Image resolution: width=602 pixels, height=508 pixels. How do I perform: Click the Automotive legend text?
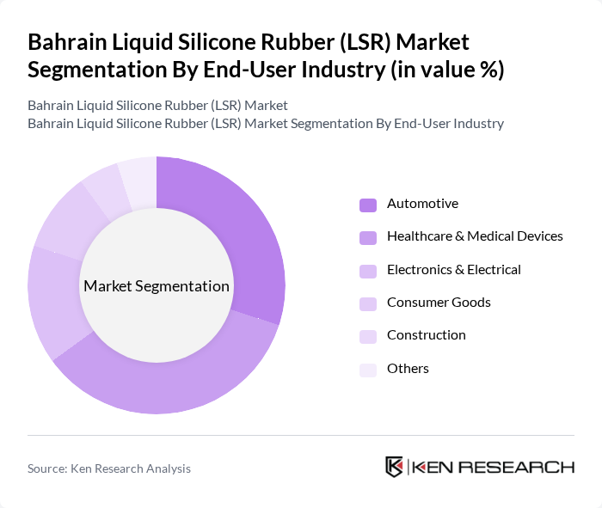click(422, 204)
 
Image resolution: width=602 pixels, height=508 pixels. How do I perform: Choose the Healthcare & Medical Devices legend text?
click(475, 236)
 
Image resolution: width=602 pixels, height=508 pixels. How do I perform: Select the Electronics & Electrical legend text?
click(453, 269)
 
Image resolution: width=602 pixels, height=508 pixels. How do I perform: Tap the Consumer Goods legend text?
click(439, 302)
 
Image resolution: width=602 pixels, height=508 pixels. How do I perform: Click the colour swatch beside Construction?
click(368, 335)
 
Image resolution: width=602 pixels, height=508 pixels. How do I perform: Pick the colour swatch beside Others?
click(368, 369)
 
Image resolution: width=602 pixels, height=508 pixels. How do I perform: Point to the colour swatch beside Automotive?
click(368, 205)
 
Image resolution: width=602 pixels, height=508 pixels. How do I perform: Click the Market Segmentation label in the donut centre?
click(157, 286)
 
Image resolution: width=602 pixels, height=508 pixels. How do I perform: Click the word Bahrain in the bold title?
click(70, 42)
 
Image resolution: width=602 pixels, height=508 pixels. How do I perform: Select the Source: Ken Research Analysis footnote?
click(109, 468)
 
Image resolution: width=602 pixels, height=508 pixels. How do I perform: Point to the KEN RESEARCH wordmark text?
click(493, 467)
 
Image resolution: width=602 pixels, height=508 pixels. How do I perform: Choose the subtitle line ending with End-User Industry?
click(265, 123)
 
